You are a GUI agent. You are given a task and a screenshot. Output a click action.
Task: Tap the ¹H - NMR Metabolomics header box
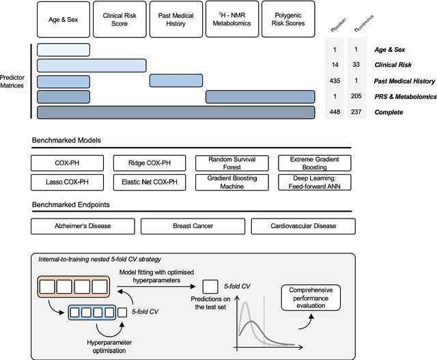(231, 18)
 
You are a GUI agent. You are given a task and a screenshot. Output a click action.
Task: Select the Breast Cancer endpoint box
(192, 226)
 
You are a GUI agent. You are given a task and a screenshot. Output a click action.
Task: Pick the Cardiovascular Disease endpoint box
(302, 226)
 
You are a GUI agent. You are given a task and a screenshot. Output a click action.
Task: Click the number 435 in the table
(335, 81)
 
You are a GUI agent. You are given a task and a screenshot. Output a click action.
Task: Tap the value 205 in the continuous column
(355, 96)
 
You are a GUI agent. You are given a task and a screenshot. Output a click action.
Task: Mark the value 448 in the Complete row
(335, 112)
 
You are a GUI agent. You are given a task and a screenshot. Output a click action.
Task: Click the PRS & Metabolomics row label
(404, 96)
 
